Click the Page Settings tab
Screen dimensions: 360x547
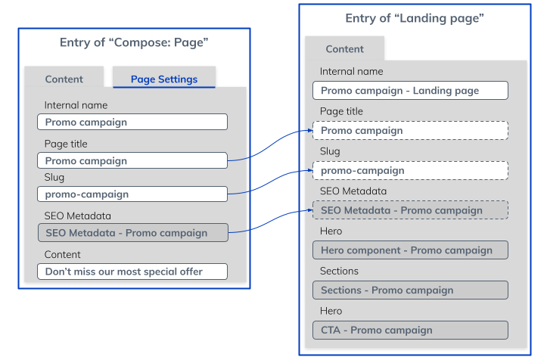coord(164,79)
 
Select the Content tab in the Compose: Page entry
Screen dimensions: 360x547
coord(64,79)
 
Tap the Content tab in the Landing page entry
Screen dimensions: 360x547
coord(344,49)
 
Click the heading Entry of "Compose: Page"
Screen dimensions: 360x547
coord(134,43)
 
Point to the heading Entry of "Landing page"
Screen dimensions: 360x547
coord(414,18)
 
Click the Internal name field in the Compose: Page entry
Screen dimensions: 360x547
coord(132,122)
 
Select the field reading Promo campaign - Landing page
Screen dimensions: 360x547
coord(409,91)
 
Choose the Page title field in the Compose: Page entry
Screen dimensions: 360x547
coord(132,160)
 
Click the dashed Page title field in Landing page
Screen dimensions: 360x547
coord(409,131)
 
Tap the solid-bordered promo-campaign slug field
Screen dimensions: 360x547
coord(132,194)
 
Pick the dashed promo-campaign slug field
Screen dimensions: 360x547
coord(409,170)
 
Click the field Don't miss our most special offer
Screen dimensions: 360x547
coord(132,272)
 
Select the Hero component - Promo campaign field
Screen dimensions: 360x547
coord(409,250)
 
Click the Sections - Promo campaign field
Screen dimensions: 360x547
coord(409,290)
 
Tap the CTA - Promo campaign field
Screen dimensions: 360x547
coord(409,330)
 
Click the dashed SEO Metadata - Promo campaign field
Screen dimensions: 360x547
coord(409,210)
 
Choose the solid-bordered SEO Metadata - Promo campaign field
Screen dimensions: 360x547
coord(132,233)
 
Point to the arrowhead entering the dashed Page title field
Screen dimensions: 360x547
coord(309,132)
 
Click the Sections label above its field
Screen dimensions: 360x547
coord(339,271)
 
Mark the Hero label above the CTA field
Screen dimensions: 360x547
coord(331,311)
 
